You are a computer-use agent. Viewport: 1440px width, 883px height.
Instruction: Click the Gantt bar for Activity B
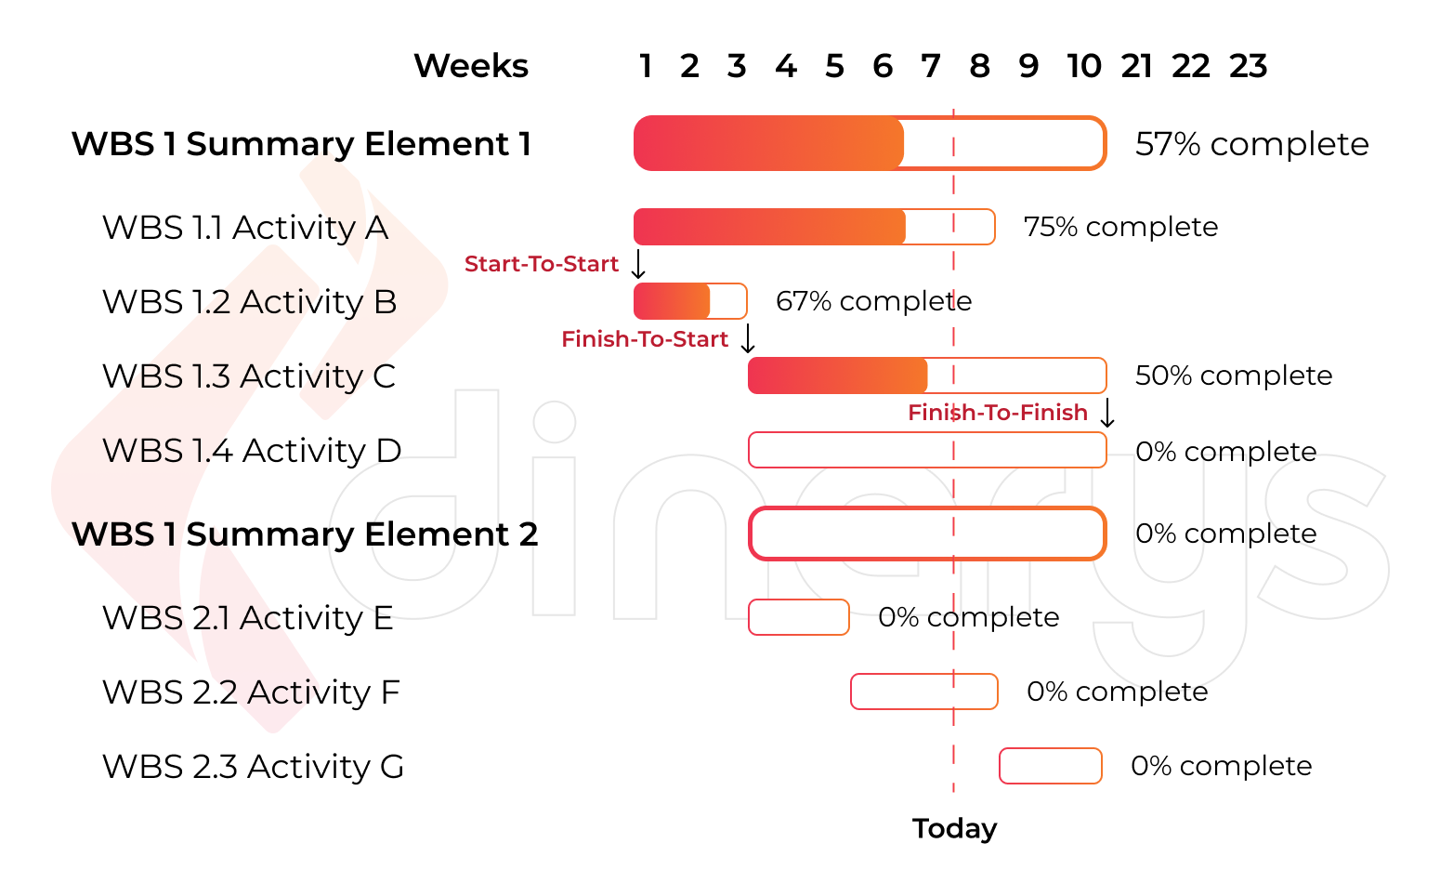[689, 301]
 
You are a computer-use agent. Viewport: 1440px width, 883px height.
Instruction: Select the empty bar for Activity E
[798, 617]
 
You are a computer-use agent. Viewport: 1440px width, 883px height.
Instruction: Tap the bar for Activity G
[1050, 766]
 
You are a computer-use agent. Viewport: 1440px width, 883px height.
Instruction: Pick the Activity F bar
[923, 692]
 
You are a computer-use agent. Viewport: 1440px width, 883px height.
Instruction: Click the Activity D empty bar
[926, 450]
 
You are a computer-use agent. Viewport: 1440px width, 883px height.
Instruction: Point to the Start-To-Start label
[542, 264]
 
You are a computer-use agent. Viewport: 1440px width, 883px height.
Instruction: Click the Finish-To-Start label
[645, 339]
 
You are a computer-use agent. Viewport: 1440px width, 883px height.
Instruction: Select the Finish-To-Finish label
[998, 413]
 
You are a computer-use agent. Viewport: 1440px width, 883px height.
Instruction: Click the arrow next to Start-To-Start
[638, 264]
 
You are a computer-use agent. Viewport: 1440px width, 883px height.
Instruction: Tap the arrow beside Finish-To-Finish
[1107, 413]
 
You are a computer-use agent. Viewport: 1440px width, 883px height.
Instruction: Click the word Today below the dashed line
[954, 828]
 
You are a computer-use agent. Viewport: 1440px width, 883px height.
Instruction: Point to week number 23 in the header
[1248, 66]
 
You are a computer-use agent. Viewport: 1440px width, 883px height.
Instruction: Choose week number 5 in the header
[834, 66]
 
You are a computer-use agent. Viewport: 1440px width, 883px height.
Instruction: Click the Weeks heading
[471, 66]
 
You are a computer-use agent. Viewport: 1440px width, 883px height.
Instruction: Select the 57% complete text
[1251, 144]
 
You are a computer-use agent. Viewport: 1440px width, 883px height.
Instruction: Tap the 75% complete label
[1120, 227]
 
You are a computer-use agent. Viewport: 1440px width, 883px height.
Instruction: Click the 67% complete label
[873, 301]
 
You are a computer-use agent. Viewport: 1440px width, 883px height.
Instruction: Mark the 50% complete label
[1234, 376]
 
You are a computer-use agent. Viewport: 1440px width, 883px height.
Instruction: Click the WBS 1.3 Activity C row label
[249, 376]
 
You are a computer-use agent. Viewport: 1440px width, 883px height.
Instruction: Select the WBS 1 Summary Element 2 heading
[305, 534]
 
